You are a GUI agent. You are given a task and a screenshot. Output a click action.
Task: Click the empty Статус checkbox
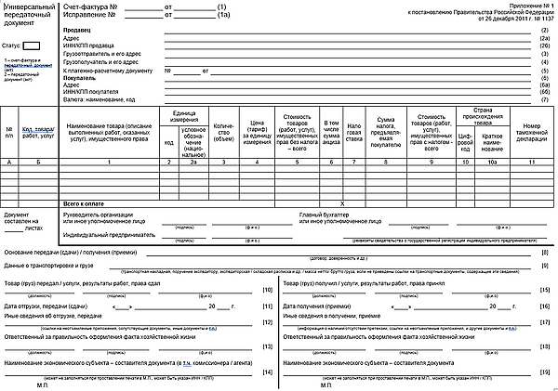pos(31,44)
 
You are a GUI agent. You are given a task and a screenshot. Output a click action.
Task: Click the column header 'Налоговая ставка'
pos(353,133)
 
